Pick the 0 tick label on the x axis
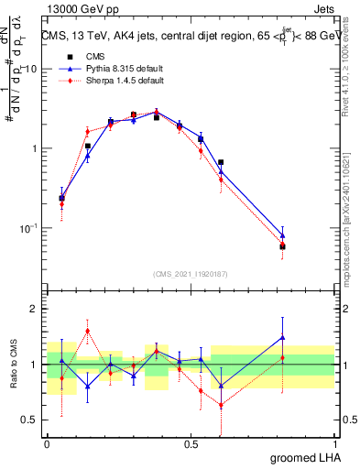48,443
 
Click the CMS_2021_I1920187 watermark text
190,273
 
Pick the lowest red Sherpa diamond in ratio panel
221,405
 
